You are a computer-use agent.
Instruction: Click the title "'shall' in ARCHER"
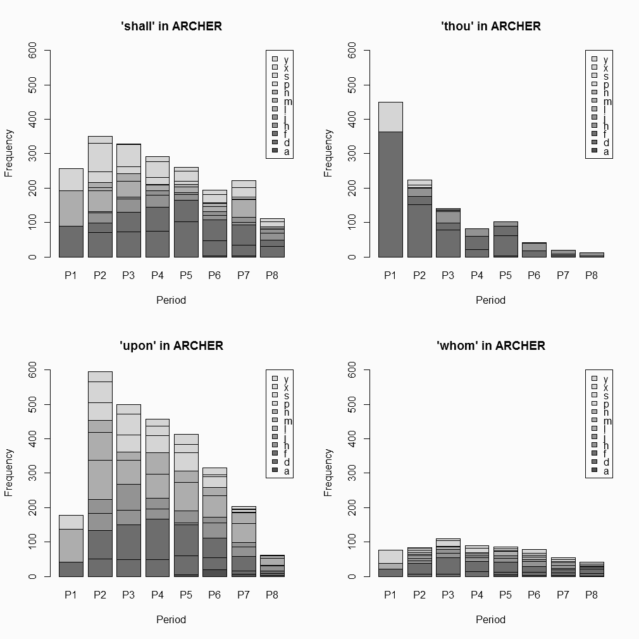[171, 27]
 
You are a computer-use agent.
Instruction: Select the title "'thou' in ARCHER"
[491, 27]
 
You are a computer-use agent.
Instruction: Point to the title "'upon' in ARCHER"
[171, 346]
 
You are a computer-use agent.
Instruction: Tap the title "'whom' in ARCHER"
[491, 346]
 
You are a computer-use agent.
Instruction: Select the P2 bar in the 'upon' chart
[100, 474]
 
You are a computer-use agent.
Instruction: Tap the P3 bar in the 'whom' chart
[448, 557]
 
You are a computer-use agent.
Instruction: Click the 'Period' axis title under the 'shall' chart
[171, 300]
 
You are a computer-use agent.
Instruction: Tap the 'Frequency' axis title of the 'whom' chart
[328, 472]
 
